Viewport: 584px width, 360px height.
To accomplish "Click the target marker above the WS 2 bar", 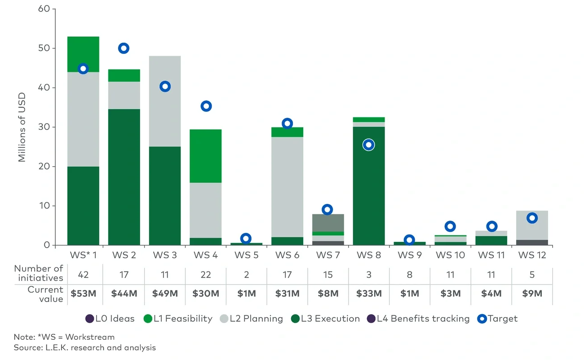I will pyautogui.click(x=124, y=48).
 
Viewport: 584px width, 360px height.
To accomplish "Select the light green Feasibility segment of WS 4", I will pyautogui.click(x=206, y=156).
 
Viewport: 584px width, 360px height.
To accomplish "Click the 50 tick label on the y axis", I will pyautogui.click(x=44, y=48).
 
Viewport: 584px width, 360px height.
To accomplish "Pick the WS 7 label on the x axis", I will pyautogui.click(x=327, y=255).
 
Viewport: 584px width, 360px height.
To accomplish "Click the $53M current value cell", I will pyautogui.click(x=83, y=293).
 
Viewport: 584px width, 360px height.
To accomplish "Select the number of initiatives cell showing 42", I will pyautogui.click(x=83, y=275).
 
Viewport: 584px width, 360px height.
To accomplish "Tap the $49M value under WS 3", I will pyautogui.click(x=165, y=293).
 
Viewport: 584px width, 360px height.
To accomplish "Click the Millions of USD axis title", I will pyautogui.click(x=22, y=127).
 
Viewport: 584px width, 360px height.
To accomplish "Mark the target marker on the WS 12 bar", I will pyautogui.click(x=532, y=218).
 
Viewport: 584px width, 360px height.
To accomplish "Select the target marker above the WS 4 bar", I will pyautogui.click(x=206, y=106).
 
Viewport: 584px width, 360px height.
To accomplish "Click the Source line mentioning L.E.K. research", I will pyautogui.click(x=85, y=347).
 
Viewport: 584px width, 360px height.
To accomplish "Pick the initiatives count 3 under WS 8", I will pyautogui.click(x=369, y=275).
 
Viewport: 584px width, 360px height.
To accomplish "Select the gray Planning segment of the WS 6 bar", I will pyautogui.click(x=287, y=187).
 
